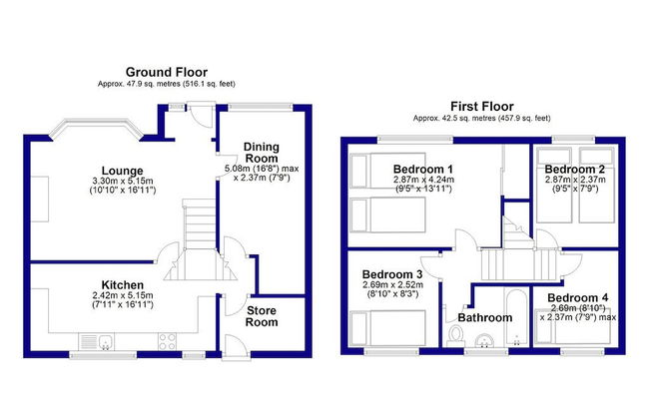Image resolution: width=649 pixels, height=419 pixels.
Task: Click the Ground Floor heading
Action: pyautogui.click(x=167, y=72)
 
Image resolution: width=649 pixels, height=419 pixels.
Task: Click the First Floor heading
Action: pyautogui.click(x=482, y=107)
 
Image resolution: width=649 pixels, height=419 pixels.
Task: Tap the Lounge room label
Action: pyautogui.click(x=123, y=171)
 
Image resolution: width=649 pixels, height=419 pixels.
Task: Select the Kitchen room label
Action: pyautogui.click(x=123, y=285)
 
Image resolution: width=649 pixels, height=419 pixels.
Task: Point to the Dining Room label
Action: pyautogui.click(x=262, y=153)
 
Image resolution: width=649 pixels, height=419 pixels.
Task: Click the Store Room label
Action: pyautogui.click(x=262, y=316)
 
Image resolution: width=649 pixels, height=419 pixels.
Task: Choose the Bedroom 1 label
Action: pyautogui.click(x=423, y=169)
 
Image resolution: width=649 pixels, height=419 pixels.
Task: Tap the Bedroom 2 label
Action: pyautogui.click(x=574, y=169)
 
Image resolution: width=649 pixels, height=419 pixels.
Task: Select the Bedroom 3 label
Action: pyautogui.click(x=392, y=274)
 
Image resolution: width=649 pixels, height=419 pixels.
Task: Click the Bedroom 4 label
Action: pyautogui.click(x=578, y=298)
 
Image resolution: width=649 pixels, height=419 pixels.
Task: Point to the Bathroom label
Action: pyautogui.click(x=485, y=317)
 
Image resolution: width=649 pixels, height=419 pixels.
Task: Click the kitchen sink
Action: pyautogui.click(x=98, y=341)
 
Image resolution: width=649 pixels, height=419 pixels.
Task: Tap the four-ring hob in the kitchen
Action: pyautogui.click(x=167, y=341)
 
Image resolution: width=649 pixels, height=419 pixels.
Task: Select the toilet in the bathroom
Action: pyautogui.click(x=455, y=335)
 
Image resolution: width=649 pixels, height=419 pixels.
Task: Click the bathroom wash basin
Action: pyautogui.click(x=484, y=340)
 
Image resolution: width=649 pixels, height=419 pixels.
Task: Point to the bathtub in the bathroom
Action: pyautogui.click(x=516, y=317)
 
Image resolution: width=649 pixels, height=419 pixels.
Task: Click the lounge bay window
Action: pyautogui.click(x=97, y=129)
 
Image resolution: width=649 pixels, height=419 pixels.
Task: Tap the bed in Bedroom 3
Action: pyautogui.click(x=387, y=328)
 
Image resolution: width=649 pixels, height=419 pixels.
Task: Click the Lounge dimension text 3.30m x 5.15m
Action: pyautogui.click(x=123, y=181)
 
